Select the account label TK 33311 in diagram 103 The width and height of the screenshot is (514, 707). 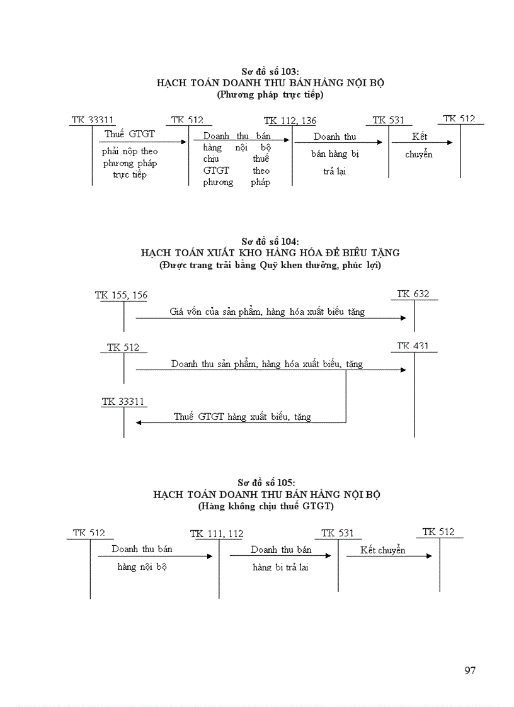[x=93, y=120]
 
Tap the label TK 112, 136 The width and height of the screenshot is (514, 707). [x=290, y=121]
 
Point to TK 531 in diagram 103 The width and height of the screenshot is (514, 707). [x=388, y=120]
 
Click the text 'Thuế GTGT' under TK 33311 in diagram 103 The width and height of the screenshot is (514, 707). [x=130, y=134]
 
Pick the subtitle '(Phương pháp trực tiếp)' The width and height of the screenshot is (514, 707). [x=270, y=94]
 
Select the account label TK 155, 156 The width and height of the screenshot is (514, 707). [x=122, y=295]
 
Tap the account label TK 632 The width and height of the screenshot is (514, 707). [x=413, y=294]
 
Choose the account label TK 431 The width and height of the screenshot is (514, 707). [x=413, y=346]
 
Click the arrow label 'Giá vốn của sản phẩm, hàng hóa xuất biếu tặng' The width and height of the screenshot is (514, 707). [x=267, y=311]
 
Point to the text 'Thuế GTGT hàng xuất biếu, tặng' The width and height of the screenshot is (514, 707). [x=243, y=416]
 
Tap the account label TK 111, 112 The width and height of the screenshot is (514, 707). [x=217, y=534]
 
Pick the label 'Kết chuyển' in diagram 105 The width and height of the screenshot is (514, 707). [x=383, y=550]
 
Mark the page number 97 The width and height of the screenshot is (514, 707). [x=470, y=670]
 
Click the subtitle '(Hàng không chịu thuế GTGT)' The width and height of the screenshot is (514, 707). [x=266, y=506]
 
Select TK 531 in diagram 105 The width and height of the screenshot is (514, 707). [x=338, y=533]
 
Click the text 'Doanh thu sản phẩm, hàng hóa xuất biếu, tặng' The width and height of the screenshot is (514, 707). [x=267, y=364]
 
